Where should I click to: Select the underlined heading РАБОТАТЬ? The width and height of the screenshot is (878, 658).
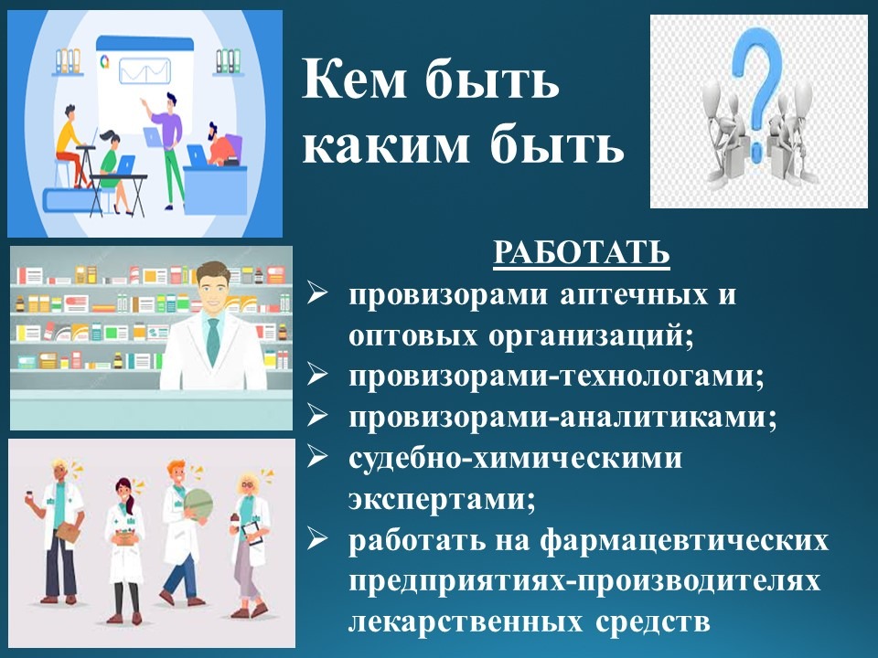pyautogui.click(x=582, y=252)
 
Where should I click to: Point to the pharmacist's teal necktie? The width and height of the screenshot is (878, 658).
pyautogui.click(x=213, y=340)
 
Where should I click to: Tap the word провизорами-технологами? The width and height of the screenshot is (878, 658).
pyautogui.click(x=557, y=376)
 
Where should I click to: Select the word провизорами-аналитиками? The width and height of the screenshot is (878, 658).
pyautogui.click(x=562, y=417)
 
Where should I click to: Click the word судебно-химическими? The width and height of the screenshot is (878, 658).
pyautogui.click(x=515, y=457)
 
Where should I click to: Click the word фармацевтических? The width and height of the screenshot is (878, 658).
pyautogui.click(x=685, y=540)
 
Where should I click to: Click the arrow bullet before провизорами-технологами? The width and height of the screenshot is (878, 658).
pyautogui.click(x=317, y=375)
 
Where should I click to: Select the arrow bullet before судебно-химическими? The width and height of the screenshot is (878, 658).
pyautogui.click(x=317, y=457)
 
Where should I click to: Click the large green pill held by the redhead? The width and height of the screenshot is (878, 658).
pyautogui.click(x=198, y=504)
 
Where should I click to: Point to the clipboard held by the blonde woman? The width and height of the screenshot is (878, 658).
pyautogui.click(x=252, y=533)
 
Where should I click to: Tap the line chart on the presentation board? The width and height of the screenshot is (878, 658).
pyautogui.click(x=145, y=71)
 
